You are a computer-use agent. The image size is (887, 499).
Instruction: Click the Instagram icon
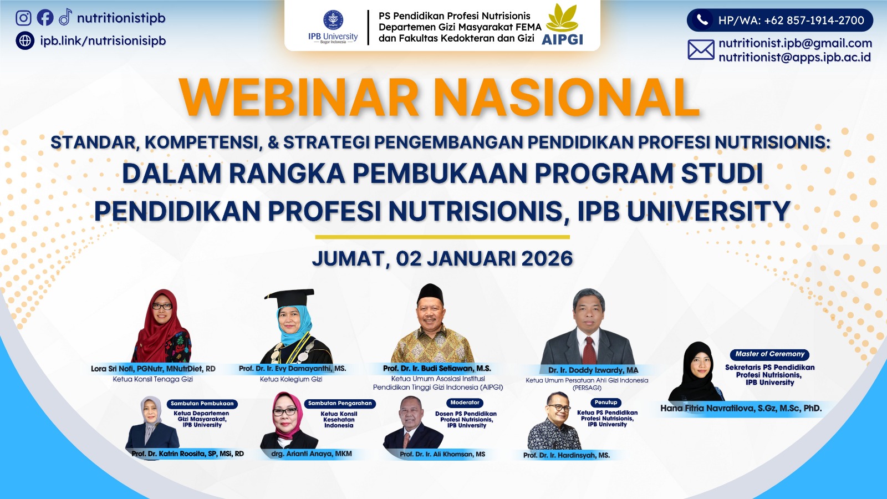coord(24,18)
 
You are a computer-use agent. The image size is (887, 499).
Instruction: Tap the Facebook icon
coord(45,18)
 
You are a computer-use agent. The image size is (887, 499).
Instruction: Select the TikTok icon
coord(65,17)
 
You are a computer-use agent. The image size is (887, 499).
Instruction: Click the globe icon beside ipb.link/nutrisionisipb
coord(25,40)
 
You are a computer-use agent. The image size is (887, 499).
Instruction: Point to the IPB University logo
coord(333,27)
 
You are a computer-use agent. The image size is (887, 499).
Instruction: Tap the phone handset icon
coord(702,20)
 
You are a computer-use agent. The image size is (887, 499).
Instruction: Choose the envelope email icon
coord(701,50)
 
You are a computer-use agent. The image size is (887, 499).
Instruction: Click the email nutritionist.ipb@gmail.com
coord(795,43)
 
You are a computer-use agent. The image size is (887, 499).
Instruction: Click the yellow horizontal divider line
coord(442,237)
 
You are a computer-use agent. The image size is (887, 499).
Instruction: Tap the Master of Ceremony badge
coord(770,354)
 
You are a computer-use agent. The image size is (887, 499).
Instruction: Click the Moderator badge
coord(465,403)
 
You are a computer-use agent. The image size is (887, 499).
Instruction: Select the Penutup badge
coord(606,403)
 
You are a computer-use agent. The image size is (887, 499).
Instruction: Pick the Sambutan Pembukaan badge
coord(202,404)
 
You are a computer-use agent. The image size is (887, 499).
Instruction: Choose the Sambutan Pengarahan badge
coord(340,403)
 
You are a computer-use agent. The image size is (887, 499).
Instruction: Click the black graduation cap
coord(290,298)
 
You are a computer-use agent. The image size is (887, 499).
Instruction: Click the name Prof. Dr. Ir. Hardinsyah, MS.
coord(566,455)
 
